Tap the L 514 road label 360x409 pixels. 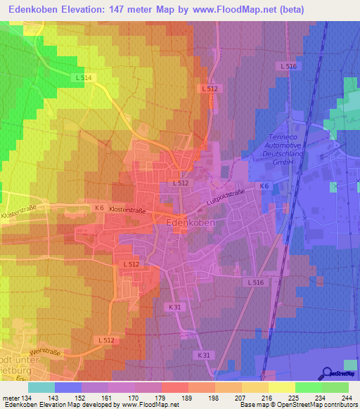(82, 77)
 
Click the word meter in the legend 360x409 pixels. (10, 397)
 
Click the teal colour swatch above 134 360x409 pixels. (41, 387)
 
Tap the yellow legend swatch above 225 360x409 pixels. (282, 387)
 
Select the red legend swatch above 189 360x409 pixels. (175, 387)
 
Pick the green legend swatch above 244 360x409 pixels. (335, 387)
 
